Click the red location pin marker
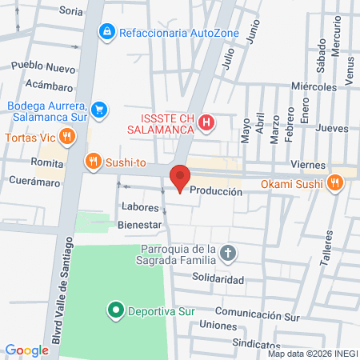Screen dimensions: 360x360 pos(180,178)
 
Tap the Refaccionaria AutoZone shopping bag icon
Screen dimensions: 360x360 pos(106,31)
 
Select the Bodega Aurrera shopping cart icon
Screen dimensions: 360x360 pos(99,109)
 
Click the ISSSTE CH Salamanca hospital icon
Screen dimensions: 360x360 pos(206,122)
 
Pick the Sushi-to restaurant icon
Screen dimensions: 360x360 pos(94,162)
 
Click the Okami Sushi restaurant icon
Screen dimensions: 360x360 pos(335,183)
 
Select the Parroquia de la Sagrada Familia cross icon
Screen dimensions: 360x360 pos(228,254)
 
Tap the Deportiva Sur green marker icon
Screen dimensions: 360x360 pos(114,309)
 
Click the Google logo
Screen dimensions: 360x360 pos(26,350)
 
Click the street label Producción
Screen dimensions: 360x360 pos(216,192)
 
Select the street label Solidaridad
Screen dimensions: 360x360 pos(218,279)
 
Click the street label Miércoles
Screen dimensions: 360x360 pos(314,86)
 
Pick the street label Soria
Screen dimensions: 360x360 pos(71,11)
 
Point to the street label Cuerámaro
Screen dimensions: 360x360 pos(36,182)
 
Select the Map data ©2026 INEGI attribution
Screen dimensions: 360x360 pos(313,353)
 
